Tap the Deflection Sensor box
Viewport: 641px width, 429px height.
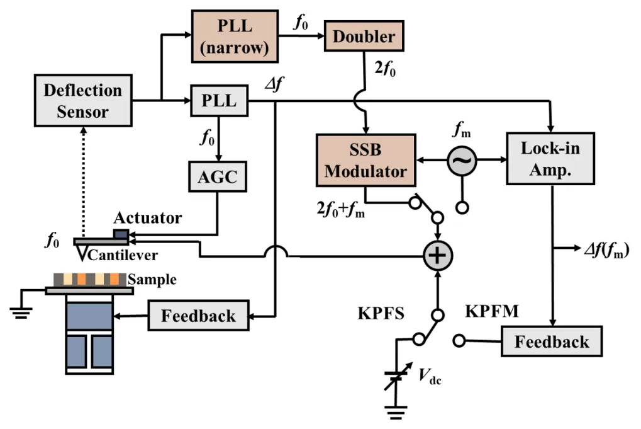coord(82,101)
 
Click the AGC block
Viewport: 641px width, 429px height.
coord(218,177)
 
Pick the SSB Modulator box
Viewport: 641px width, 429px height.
coord(366,161)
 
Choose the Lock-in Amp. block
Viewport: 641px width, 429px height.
coord(550,159)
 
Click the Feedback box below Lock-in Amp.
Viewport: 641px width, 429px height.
coord(552,342)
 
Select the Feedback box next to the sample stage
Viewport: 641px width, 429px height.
coord(199,314)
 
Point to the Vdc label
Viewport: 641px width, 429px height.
coord(429,375)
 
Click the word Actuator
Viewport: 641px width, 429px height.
coord(148,219)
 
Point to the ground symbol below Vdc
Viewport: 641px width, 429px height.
coord(396,415)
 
